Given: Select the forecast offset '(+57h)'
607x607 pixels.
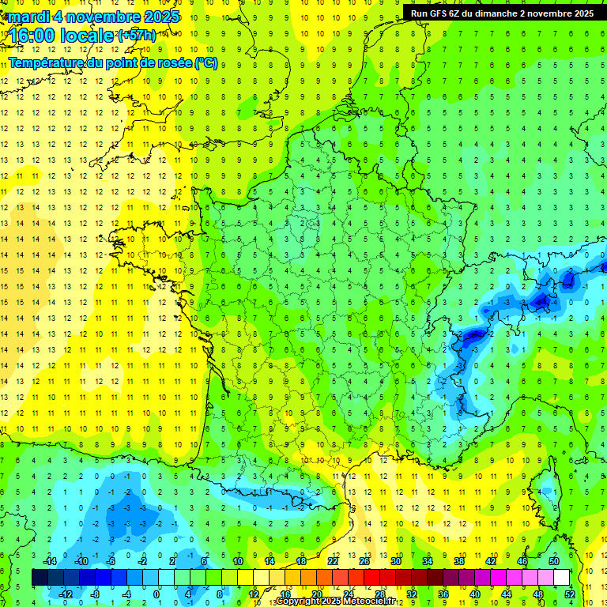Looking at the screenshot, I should [137, 35].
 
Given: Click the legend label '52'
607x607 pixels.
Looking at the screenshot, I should [570, 594].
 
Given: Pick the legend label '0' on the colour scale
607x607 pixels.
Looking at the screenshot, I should [156, 594].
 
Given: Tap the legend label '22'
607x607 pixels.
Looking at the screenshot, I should [332, 561].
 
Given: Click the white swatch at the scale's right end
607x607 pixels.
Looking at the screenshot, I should [562, 577].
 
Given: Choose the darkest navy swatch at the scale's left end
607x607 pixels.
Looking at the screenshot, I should [40, 577].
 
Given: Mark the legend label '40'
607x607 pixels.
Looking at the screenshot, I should [475, 594].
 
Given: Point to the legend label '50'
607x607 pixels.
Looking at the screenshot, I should [554, 561].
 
